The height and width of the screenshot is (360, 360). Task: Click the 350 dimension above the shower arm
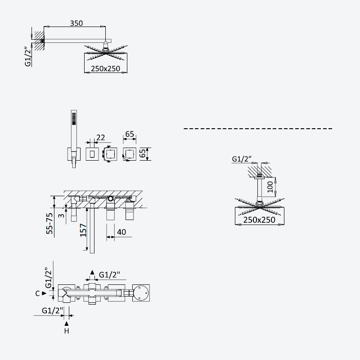click(76, 23)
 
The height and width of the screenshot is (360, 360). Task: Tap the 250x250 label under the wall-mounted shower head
click(105, 69)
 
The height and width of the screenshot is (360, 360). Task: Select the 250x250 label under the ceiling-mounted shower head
click(259, 220)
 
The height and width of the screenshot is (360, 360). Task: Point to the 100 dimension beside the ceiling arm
click(270, 187)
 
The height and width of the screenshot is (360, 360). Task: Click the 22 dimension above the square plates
click(100, 138)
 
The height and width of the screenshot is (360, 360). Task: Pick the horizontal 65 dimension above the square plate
click(130, 134)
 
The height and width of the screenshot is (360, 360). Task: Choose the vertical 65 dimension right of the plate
click(143, 153)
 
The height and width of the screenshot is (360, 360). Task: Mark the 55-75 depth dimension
click(49, 223)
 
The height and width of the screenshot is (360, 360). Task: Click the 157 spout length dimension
click(83, 230)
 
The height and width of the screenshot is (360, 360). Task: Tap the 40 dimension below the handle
click(121, 232)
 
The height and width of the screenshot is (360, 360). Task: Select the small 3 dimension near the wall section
click(61, 216)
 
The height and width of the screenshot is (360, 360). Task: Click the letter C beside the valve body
click(37, 293)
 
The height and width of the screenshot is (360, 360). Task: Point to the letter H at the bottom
click(67, 331)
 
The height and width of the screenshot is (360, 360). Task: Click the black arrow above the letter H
click(67, 324)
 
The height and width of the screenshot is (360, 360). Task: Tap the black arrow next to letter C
click(44, 293)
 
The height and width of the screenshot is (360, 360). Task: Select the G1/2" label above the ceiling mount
click(242, 159)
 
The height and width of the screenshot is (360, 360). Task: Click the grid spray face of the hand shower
click(74, 119)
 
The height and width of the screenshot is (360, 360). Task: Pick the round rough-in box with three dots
click(141, 293)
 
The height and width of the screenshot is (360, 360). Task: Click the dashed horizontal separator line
click(258, 129)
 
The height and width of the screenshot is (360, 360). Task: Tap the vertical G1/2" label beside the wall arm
click(28, 57)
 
